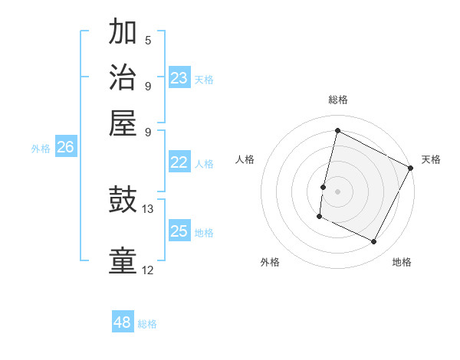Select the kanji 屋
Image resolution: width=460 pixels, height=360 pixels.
click(x=123, y=122)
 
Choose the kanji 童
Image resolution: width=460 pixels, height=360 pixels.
click(x=123, y=261)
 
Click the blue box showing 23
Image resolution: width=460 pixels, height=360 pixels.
click(x=179, y=77)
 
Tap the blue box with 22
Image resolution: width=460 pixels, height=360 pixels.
click(x=179, y=162)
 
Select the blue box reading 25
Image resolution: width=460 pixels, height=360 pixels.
click(x=179, y=231)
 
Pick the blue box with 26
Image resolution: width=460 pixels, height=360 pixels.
click(x=66, y=147)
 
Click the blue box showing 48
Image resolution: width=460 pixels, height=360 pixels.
click(x=123, y=322)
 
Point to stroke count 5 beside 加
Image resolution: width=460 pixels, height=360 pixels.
click(x=148, y=39)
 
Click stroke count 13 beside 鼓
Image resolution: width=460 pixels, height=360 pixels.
click(x=148, y=208)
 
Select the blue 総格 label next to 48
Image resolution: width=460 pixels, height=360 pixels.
click(x=148, y=324)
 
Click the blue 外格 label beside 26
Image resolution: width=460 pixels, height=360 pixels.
click(x=41, y=149)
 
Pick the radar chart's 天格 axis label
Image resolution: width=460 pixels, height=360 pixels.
click(x=431, y=159)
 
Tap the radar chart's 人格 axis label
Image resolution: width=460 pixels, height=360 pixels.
click(x=245, y=159)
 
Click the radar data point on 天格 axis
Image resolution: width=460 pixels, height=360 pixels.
click(x=411, y=168)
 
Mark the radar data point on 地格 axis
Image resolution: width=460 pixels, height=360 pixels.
click(x=374, y=242)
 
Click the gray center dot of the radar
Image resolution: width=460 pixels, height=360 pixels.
click(x=337, y=191)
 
